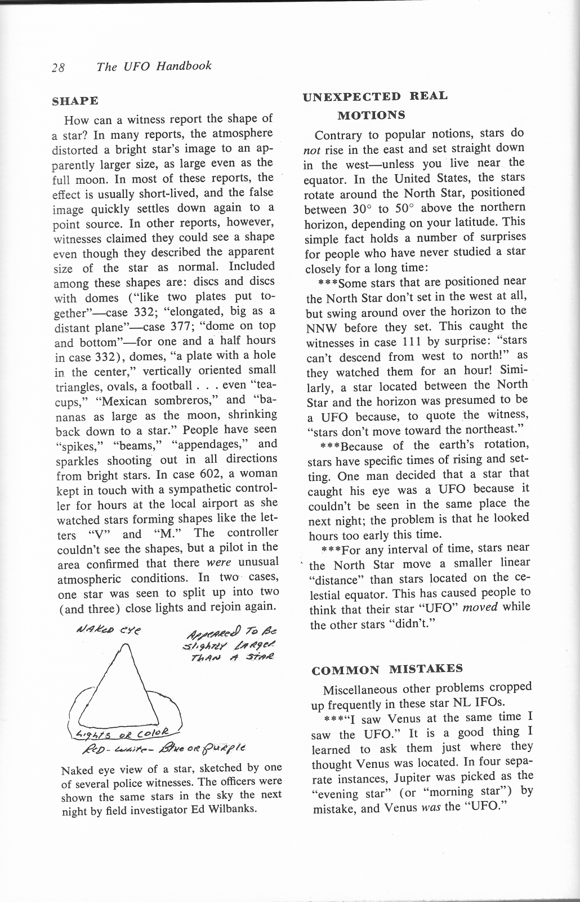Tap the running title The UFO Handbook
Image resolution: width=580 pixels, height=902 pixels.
point(154,67)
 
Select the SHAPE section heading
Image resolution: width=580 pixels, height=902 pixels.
point(75,101)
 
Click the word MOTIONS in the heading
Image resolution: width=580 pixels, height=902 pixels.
point(371,115)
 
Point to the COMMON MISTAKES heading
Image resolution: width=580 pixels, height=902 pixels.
point(387,670)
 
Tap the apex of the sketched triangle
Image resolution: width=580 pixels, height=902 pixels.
point(131,645)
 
